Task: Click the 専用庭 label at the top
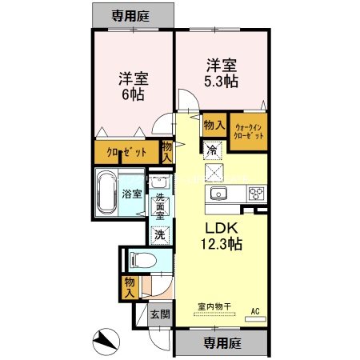(132, 15)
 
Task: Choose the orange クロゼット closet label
(127, 151)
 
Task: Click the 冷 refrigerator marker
(212, 149)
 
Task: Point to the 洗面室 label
(160, 207)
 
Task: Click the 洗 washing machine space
(160, 235)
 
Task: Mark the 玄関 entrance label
(159, 314)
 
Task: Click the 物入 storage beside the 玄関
(129, 286)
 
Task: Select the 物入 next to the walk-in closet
(213, 125)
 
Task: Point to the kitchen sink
(218, 194)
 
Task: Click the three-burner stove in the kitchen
(256, 194)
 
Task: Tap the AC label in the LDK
(255, 310)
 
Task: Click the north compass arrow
(104, 342)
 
